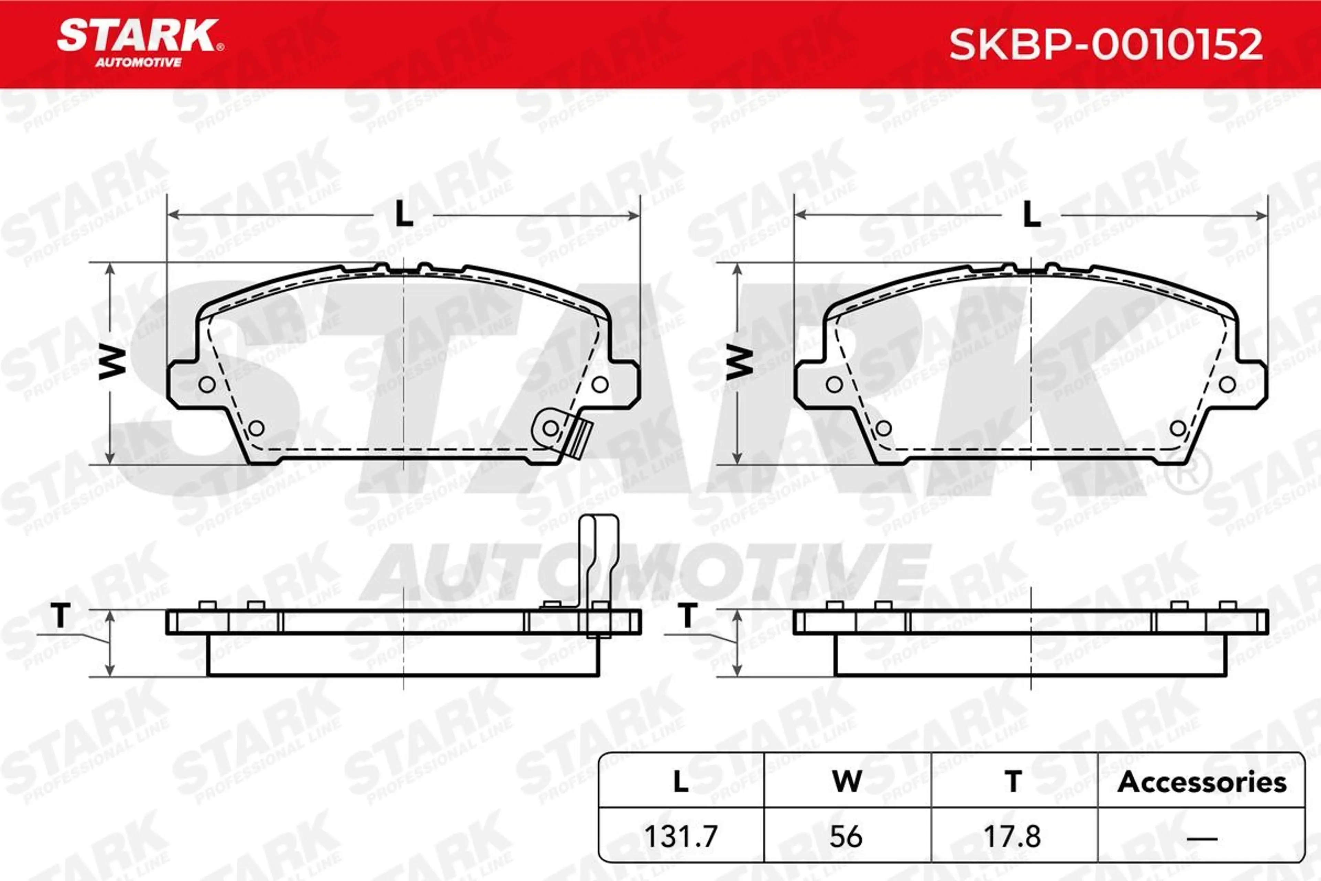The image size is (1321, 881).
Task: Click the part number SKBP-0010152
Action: coord(1105,45)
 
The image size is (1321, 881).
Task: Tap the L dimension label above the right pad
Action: coord(1031,214)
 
